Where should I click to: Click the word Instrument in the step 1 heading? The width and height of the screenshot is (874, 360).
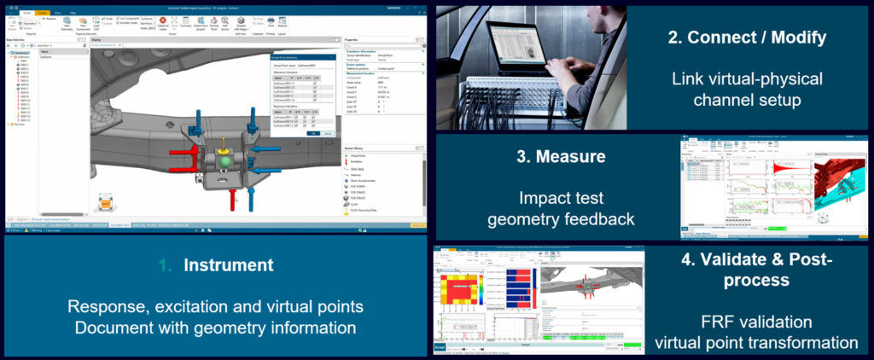coord(228,265)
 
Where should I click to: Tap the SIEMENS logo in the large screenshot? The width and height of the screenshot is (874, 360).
coord(411,3)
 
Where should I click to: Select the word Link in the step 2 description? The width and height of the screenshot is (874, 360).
coord(688,78)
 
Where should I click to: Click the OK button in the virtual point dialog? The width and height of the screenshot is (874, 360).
coord(313,133)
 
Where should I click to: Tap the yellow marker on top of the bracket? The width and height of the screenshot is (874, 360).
coord(223,142)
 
